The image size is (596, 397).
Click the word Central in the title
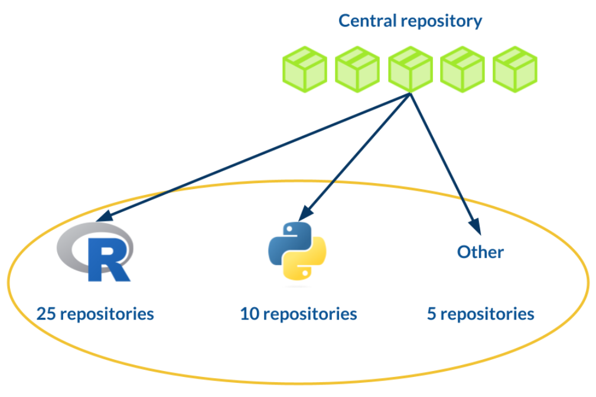(367, 21)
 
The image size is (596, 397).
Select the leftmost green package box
(304, 70)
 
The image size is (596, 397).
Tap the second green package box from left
(357, 70)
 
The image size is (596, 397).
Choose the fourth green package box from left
(463, 70)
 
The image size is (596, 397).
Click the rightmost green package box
(515, 70)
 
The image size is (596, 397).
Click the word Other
(480, 252)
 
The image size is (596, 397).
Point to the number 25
(47, 314)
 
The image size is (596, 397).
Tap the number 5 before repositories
(432, 314)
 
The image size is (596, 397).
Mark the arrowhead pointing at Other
(477, 227)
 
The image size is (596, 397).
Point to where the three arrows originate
(410, 93)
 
